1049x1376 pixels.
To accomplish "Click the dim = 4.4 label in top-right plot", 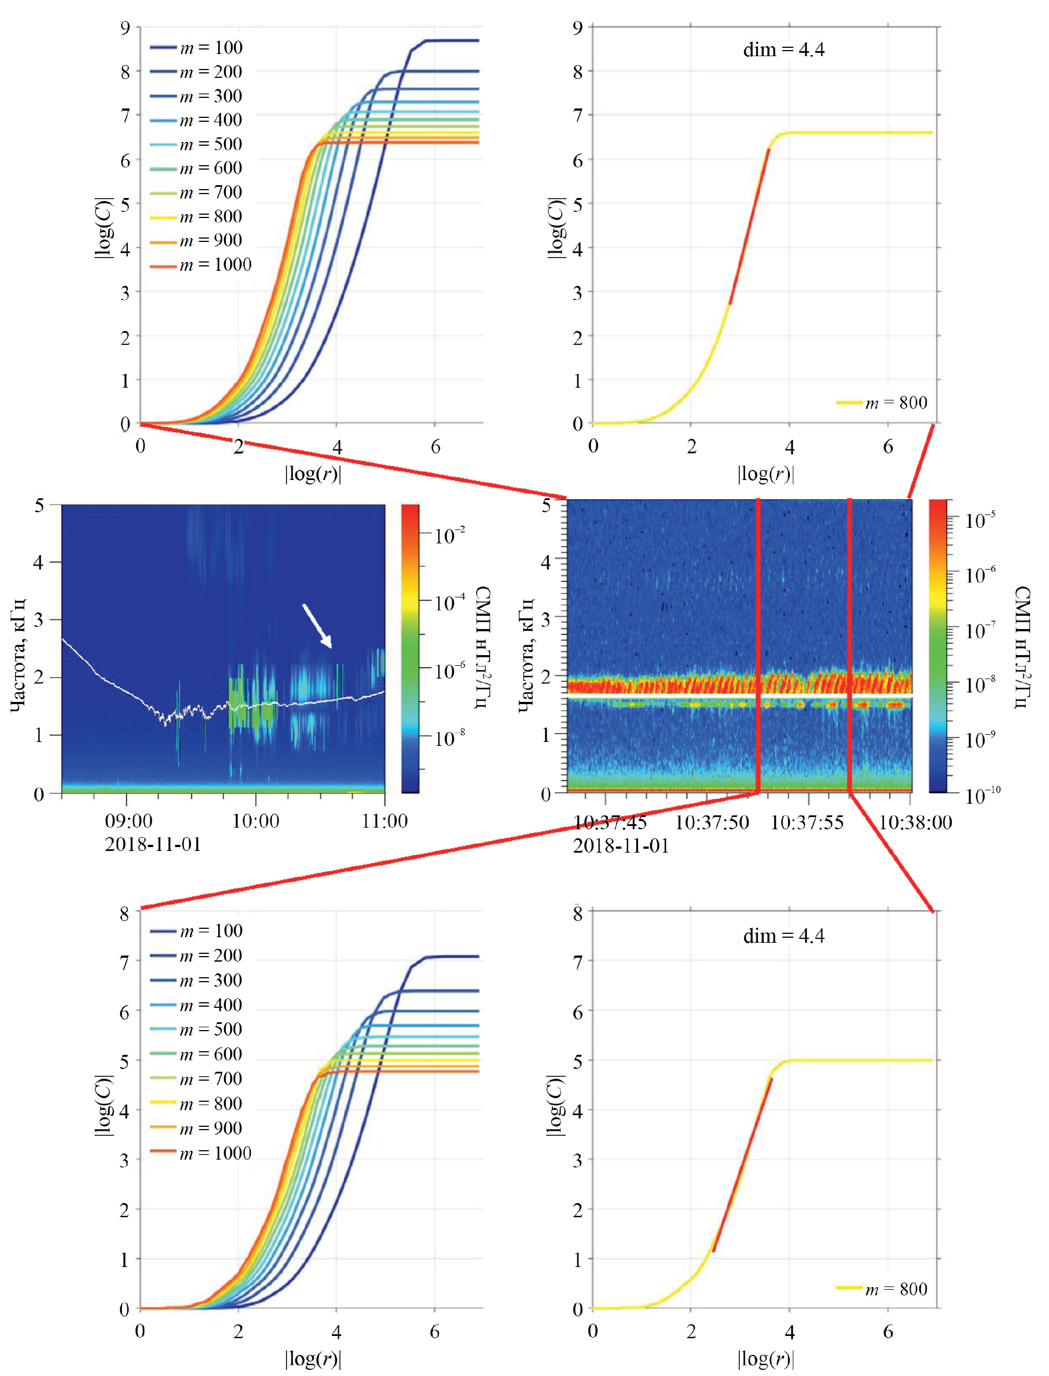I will click(784, 50).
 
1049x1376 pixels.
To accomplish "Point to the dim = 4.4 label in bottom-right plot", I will click(784, 936).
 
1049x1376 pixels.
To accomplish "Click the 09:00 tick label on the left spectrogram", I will click(128, 820).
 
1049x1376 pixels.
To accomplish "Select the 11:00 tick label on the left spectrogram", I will click(385, 820).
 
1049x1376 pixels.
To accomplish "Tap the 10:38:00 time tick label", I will click(916, 822).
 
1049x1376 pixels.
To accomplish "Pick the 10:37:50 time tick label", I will click(712, 822).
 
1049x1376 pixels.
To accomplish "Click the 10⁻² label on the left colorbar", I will click(449, 535).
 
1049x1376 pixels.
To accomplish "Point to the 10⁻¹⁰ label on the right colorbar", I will click(982, 795).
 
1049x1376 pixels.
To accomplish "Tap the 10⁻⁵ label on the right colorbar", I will click(979, 519).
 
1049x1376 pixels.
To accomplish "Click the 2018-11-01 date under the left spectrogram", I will click(153, 845).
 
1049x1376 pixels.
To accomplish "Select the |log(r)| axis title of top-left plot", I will click(313, 474).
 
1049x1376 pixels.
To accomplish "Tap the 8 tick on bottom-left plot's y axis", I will click(125, 914).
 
